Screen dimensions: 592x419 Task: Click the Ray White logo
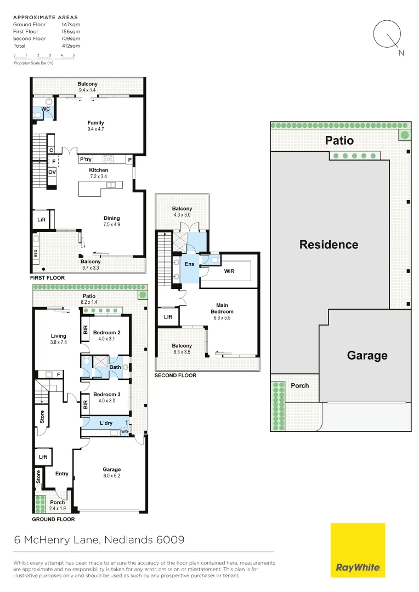[x=358, y=550]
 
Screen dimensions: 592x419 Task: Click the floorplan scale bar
[x=44, y=58]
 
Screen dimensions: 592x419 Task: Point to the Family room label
[x=95, y=123]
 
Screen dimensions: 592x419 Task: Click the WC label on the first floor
[x=46, y=110]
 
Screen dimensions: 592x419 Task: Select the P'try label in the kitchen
[x=86, y=160]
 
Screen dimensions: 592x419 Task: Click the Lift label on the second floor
[x=168, y=317]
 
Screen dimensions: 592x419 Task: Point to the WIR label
[x=229, y=271]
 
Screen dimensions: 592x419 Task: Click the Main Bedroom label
[x=222, y=309]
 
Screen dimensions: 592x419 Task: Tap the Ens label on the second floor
[x=190, y=264]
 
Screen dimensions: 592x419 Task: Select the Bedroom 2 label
[x=106, y=333]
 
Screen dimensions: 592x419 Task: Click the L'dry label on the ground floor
[x=106, y=423]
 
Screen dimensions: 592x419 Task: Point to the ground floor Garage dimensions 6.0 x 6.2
[x=111, y=476]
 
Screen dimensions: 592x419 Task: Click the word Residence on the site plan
[x=329, y=244]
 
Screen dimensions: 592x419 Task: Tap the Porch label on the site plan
[x=299, y=385]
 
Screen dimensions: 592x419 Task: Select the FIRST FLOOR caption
[x=48, y=278]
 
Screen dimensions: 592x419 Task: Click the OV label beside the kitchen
[x=52, y=172]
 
